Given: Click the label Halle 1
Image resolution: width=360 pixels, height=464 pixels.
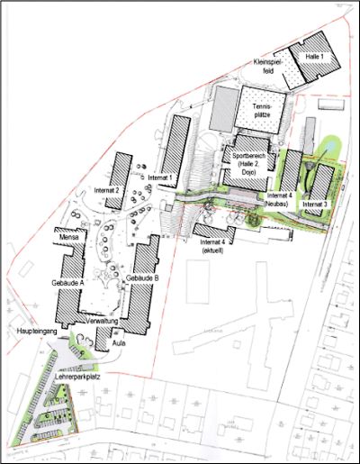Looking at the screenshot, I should point(313,56).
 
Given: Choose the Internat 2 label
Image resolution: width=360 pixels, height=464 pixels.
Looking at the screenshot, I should point(106,191).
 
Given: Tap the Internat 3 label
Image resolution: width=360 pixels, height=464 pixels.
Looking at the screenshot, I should point(315,205).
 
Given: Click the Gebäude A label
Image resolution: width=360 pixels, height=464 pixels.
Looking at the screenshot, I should point(68,282).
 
